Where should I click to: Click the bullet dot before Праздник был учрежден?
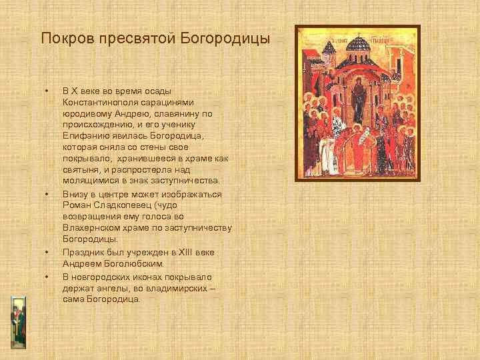47,253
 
